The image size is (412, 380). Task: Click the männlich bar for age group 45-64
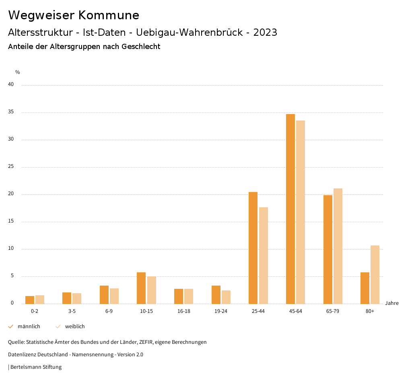coord(290,209)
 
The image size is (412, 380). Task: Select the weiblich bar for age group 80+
coord(375,274)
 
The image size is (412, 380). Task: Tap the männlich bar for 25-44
coord(253,248)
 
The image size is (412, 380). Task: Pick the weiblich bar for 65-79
coord(338,246)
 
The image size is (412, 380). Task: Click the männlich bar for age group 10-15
coord(141,288)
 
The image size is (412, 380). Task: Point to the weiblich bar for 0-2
coord(40,300)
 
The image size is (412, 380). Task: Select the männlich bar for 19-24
coord(216,294)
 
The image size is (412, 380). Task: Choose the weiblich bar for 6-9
coord(114,296)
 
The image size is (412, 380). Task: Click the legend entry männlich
coord(29,327)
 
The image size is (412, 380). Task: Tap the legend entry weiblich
coord(75,327)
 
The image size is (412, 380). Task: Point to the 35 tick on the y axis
coord(11,112)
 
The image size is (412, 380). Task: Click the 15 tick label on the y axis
coord(11,221)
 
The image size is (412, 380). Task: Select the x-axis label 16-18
coord(184,311)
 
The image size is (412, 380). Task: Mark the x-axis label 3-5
coord(72,311)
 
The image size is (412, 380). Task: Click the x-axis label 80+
coord(370,311)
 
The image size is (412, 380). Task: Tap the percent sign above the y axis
coord(18,72)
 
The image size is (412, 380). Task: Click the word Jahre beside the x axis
coord(392,303)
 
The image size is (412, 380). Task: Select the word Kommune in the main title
coord(109,15)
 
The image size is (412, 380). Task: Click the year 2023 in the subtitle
coord(265,33)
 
